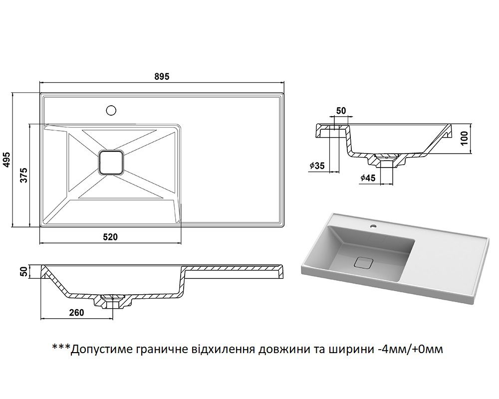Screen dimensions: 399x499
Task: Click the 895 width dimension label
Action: (x=162, y=76)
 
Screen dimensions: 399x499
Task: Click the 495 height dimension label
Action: (x=7, y=160)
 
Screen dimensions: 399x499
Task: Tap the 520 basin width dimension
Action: (x=110, y=237)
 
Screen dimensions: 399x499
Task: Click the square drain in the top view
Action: (x=111, y=162)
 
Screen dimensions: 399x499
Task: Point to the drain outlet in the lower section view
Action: (x=113, y=301)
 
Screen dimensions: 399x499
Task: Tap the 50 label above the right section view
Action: (x=341, y=111)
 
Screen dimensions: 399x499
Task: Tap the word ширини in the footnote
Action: (x=348, y=349)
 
